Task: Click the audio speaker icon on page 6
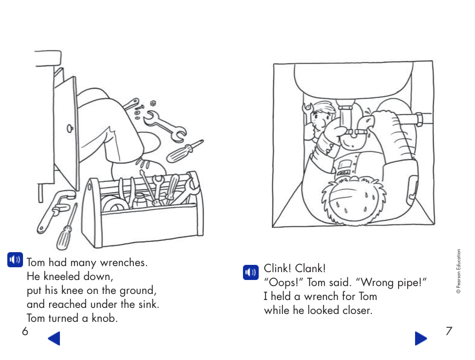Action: coord(15,261)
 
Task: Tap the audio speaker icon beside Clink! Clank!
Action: coord(250,273)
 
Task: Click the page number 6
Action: coord(25,331)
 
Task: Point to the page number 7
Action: coord(448,331)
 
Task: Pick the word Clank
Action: coord(312,268)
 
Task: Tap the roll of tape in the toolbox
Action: coord(114,204)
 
